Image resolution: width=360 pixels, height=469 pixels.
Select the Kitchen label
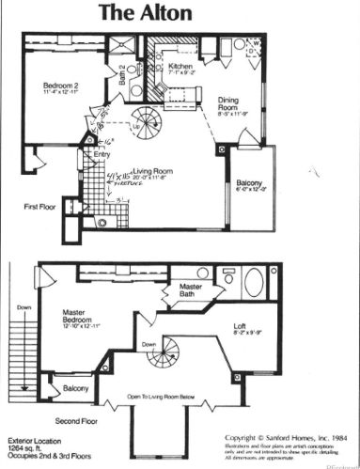tap(180, 68)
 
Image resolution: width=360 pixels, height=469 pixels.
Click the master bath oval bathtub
tap(254, 282)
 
